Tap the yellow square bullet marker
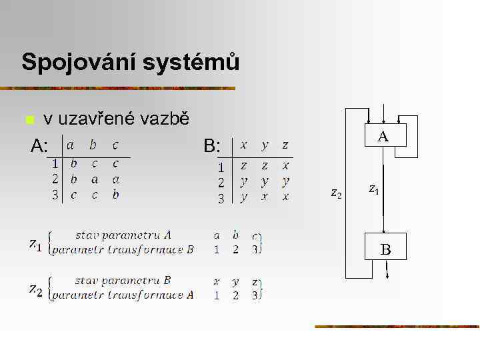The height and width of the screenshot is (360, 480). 29,121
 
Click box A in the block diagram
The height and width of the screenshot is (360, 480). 383,137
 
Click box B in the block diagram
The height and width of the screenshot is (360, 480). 385,250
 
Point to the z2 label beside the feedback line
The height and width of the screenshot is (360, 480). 337,193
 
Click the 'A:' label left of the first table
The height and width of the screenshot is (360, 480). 40,146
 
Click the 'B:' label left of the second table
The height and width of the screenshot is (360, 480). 212,146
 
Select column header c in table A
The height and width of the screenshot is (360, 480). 115,145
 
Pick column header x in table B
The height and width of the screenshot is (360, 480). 244,145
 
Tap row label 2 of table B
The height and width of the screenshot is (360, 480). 221,182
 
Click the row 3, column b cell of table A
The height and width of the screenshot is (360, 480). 94,195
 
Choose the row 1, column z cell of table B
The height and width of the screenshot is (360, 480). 285,165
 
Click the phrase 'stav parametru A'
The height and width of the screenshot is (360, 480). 123,235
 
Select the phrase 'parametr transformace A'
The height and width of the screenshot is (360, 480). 123,295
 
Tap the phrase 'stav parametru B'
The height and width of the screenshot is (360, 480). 123,280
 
